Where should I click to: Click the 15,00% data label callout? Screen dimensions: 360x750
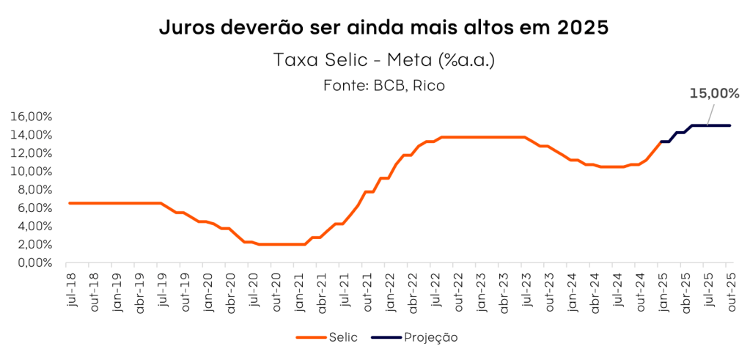713,93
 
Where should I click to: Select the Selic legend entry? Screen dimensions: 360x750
344,337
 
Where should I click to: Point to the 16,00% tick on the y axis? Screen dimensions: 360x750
32,117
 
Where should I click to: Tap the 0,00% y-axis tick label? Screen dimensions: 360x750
34,262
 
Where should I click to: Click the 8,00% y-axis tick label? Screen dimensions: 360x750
34,190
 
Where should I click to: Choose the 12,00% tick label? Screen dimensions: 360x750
32,153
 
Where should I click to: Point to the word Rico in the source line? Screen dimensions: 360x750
429,85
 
